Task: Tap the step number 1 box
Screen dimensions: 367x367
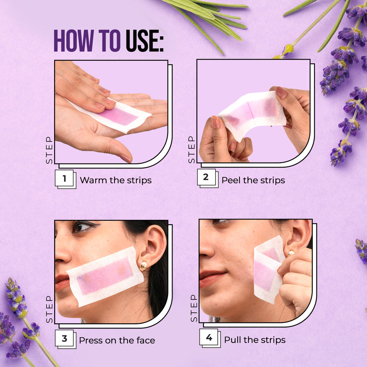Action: click(64, 179)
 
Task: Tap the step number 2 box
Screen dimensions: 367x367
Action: click(206, 177)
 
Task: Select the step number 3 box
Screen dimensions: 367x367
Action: click(64, 339)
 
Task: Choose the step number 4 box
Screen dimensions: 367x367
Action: click(209, 338)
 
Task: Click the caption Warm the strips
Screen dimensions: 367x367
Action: click(115, 180)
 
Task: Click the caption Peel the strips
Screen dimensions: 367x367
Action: click(253, 180)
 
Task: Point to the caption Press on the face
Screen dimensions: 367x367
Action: click(117, 340)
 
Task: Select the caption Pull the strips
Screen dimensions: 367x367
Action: click(254, 340)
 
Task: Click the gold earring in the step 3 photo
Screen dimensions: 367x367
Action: click(144, 266)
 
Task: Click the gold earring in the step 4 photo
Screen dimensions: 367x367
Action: click(291, 253)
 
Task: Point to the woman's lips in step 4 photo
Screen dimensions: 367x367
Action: click(212, 278)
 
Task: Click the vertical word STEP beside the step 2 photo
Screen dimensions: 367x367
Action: click(192, 149)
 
